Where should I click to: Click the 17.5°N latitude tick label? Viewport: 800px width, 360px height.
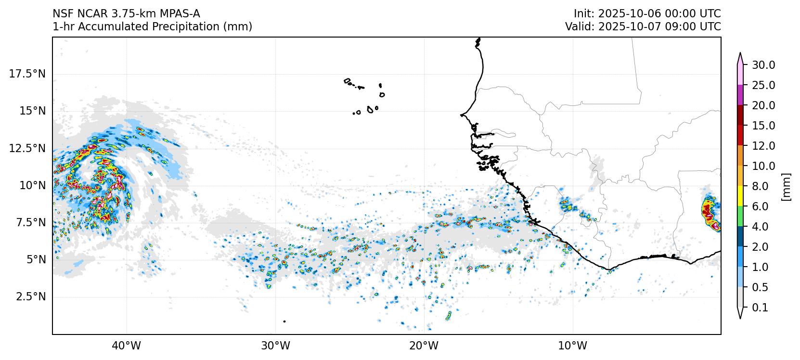click(27, 74)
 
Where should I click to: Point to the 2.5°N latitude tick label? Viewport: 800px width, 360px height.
click(31, 296)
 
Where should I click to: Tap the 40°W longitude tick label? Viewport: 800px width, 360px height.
click(127, 346)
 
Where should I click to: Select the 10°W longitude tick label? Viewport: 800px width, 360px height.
click(573, 346)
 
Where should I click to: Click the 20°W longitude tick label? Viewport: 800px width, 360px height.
click(424, 346)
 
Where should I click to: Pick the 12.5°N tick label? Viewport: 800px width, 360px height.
click(27, 148)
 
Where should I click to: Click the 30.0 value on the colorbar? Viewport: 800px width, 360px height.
click(763, 65)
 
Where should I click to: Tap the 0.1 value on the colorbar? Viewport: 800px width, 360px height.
click(760, 308)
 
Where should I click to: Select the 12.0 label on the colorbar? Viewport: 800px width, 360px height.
click(763, 146)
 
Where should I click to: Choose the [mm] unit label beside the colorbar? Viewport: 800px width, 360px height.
click(786, 186)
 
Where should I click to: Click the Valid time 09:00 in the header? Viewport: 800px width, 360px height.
click(678, 26)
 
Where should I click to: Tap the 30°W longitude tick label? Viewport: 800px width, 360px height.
click(275, 346)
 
